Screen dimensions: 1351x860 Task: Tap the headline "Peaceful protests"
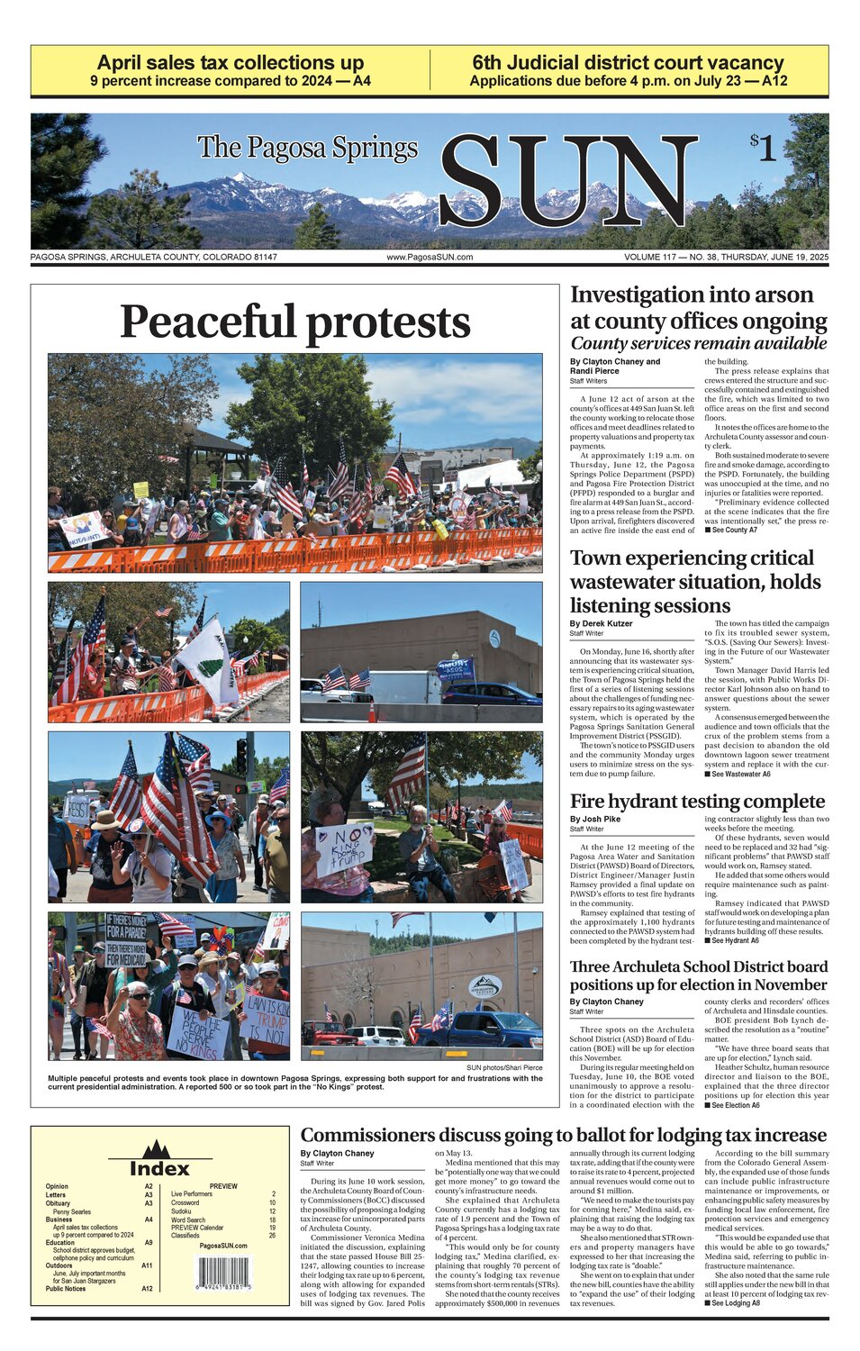point(294,322)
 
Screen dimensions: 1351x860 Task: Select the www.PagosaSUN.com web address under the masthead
point(430,258)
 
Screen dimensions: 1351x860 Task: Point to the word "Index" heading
point(159,1168)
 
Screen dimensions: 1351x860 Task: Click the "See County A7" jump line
point(730,530)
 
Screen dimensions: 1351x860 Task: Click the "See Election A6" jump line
point(732,1105)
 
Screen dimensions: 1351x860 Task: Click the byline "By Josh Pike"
point(594,819)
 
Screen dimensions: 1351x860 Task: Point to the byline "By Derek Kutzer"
point(601,623)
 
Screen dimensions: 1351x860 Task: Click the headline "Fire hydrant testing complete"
point(697,801)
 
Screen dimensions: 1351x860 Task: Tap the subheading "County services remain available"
point(698,343)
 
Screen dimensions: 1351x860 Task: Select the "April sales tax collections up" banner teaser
point(231,63)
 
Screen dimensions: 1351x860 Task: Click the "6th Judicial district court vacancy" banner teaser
point(628,63)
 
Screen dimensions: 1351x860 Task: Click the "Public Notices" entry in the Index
point(66,1289)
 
